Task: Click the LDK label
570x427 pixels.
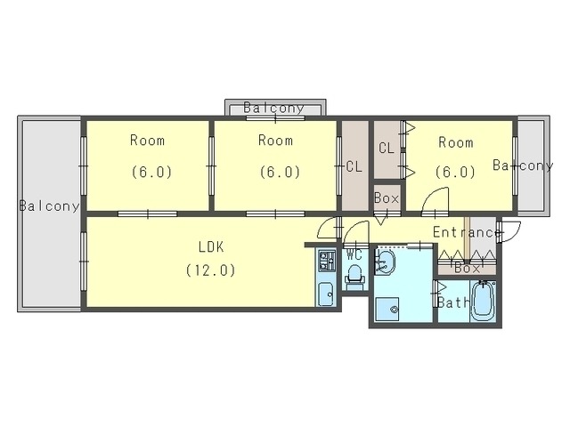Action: [211, 247]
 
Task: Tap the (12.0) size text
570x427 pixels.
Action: [211, 270]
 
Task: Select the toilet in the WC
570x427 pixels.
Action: [354, 278]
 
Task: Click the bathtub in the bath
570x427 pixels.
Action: [483, 301]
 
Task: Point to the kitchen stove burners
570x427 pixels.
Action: [327, 261]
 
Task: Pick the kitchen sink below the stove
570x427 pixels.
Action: [327, 294]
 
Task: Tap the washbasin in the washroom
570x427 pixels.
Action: [385, 262]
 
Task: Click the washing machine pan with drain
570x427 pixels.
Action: [387, 309]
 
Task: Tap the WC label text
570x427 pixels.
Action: [354, 255]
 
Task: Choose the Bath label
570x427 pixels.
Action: [453, 302]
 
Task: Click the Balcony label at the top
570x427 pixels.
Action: [273, 108]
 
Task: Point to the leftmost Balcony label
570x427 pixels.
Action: [49, 205]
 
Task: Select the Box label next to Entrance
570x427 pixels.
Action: [467, 269]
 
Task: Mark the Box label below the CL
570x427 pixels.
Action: [387, 198]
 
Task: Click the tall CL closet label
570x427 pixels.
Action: [354, 166]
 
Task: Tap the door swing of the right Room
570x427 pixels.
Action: [436, 199]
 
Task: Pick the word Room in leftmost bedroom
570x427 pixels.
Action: [147, 141]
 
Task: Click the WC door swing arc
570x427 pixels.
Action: [356, 231]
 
